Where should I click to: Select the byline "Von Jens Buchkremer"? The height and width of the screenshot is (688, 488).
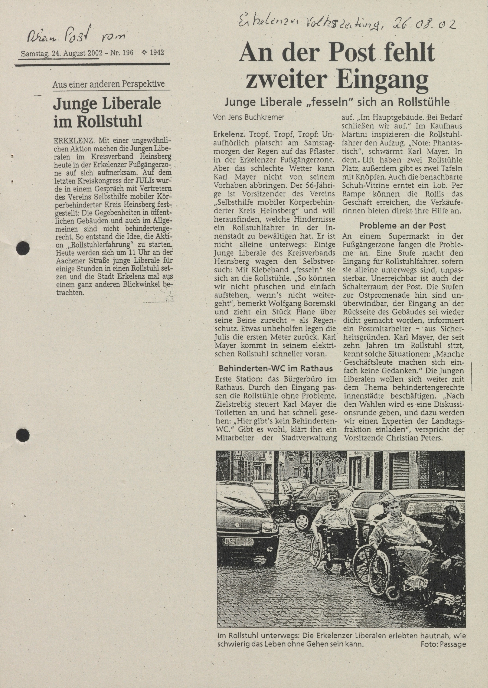pyautogui.click(x=249, y=117)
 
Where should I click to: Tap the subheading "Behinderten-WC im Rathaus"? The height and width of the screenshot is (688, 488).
pyautogui.click(x=275, y=368)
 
